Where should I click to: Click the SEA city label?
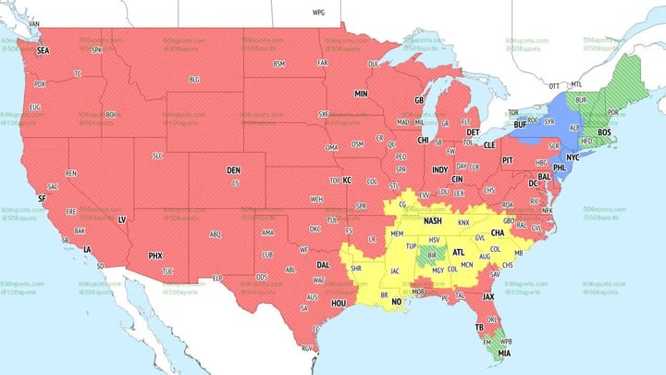43,51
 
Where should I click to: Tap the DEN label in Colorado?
234,170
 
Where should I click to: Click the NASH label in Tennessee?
433,221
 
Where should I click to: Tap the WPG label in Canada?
319,13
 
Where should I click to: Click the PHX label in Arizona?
155,256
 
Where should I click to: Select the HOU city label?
339,303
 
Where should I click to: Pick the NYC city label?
573,157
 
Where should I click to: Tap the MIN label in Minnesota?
361,94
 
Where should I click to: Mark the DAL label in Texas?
322,266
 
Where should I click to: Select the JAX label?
487,296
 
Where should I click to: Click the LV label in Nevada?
121,219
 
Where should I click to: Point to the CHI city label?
423,141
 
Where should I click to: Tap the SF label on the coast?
42,198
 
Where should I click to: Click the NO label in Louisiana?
397,301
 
